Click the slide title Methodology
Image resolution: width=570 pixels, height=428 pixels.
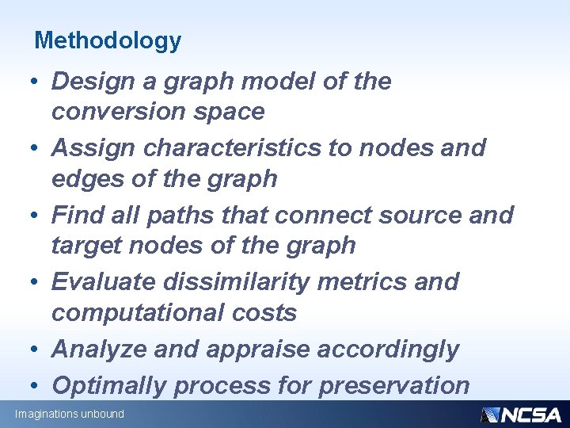point(108,40)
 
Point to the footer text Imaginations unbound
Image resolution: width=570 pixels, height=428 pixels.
point(69,415)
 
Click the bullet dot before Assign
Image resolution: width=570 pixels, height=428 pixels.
point(38,148)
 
